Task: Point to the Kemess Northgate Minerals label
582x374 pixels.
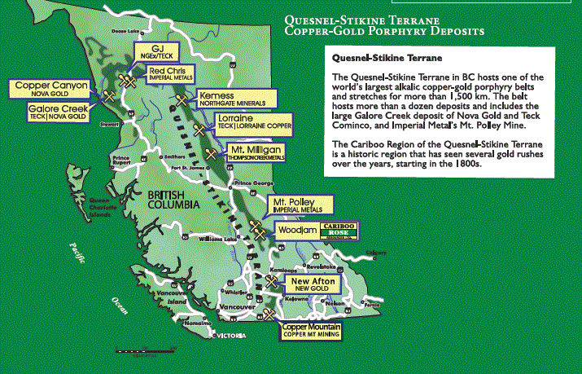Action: pos(231,99)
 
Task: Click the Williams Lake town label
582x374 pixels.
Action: pos(217,239)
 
